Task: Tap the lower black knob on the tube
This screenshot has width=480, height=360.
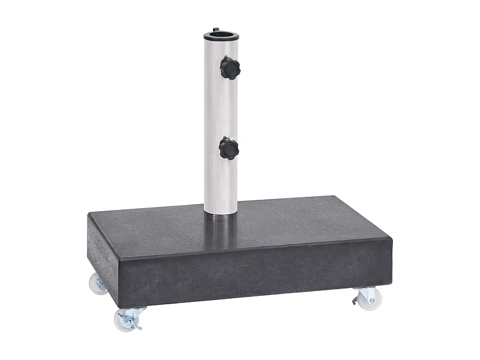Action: tap(229, 148)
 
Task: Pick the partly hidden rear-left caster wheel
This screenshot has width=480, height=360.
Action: tap(96, 283)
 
